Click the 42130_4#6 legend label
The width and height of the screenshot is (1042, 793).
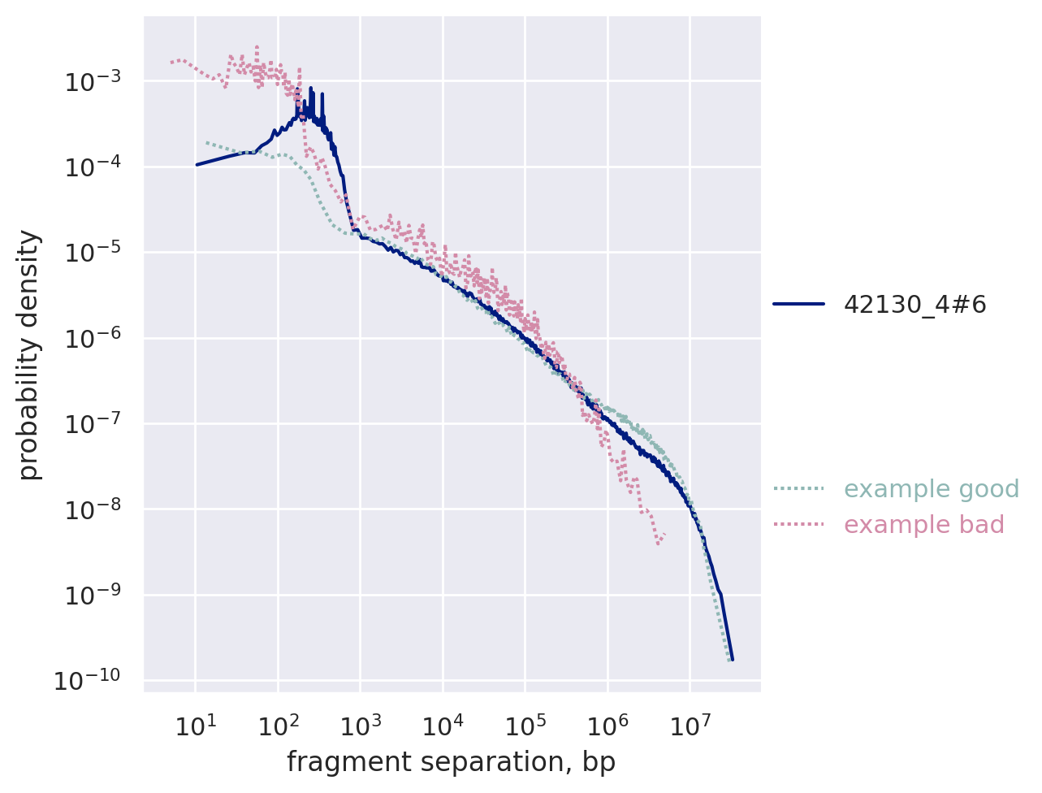[x=914, y=305]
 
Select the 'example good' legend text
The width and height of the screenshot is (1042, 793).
[x=931, y=489]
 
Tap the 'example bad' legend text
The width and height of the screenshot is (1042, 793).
[x=923, y=525]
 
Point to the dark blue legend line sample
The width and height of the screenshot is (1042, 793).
[x=798, y=305]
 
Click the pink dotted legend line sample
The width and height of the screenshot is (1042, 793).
[x=798, y=525]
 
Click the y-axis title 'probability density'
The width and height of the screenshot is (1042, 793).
[x=29, y=354]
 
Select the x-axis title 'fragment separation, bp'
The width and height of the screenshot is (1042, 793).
[x=451, y=762]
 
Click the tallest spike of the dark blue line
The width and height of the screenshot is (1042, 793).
[x=311, y=87]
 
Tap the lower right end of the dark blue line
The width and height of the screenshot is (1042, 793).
[x=732, y=659]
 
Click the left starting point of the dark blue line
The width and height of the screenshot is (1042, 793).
[x=197, y=164]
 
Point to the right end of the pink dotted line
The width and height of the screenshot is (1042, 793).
[x=665, y=535]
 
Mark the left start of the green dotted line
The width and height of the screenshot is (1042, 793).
[x=206, y=142]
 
